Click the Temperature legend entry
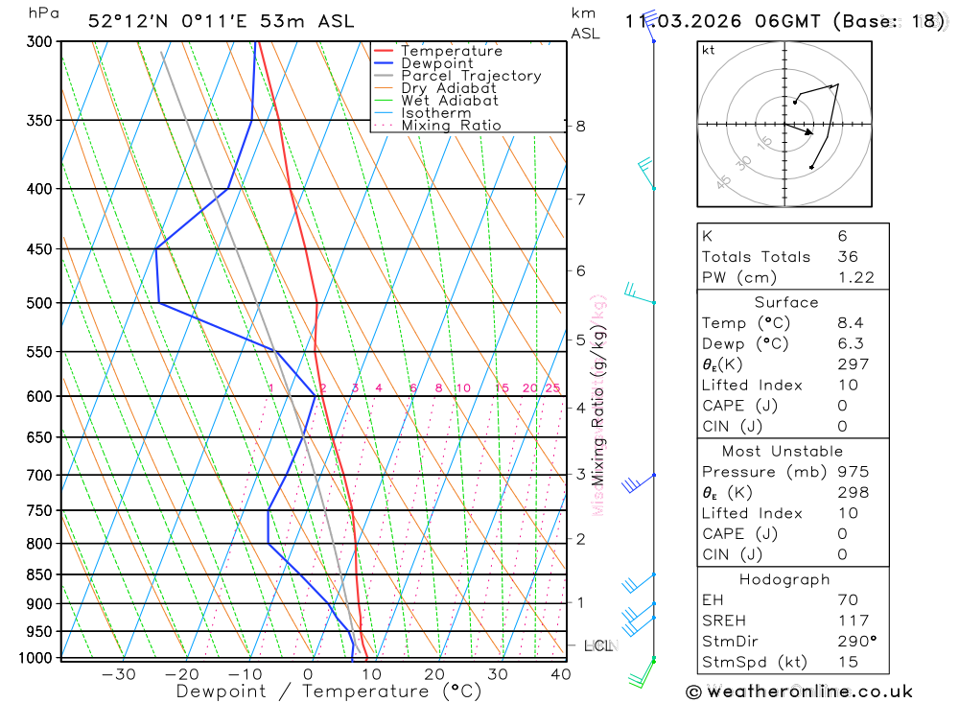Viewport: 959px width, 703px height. [451, 51]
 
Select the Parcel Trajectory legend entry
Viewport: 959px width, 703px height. [471, 76]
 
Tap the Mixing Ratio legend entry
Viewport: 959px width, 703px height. [451, 126]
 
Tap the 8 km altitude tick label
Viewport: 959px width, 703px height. [580, 126]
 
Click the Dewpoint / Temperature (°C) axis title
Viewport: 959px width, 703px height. [328, 691]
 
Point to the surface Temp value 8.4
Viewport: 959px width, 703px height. [850, 323]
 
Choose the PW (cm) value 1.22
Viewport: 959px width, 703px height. [855, 277]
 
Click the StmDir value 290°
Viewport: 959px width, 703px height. [856, 642]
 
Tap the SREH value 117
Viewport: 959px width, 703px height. [853, 621]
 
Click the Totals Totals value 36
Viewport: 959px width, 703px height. [847, 256]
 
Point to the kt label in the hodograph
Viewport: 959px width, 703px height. [708, 50]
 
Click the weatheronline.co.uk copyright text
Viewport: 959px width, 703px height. [799, 691]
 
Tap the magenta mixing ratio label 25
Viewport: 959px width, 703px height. [552, 388]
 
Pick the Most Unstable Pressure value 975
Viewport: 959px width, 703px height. [853, 472]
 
